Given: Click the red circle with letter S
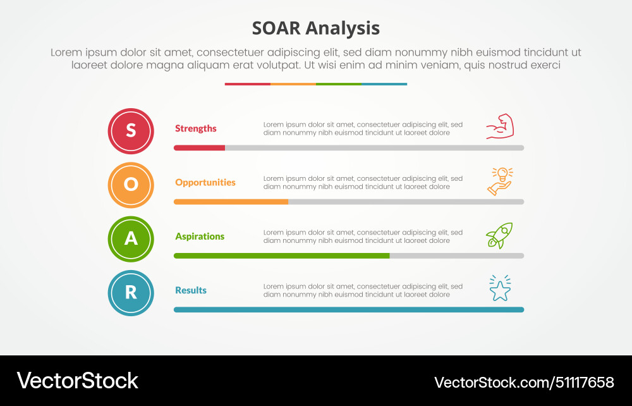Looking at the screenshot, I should click(131, 131).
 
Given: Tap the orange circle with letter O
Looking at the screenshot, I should click(131, 185).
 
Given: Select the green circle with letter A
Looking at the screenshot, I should click(131, 239).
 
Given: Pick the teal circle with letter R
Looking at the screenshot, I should click(131, 293).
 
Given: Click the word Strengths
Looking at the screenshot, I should click(195, 128).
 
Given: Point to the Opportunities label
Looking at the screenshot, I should click(205, 182).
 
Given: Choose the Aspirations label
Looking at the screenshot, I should click(199, 236).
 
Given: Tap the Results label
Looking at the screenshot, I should click(190, 290).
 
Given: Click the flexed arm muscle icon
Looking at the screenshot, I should click(500, 126).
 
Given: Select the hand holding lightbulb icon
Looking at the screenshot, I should click(500, 181).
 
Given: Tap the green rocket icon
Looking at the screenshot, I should click(499, 235).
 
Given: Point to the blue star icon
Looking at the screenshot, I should click(500, 289).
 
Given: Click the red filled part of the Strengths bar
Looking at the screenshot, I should click(199, 148).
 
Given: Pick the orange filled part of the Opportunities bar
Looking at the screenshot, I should click(231, 202).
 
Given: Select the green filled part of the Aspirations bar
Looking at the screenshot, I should click(281, 255).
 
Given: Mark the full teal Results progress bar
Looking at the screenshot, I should click(349, 310).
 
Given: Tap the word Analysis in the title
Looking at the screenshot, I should click(344, 28).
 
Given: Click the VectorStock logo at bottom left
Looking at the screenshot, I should click(77, 381).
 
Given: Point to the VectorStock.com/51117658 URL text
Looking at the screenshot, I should click(524, 382).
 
